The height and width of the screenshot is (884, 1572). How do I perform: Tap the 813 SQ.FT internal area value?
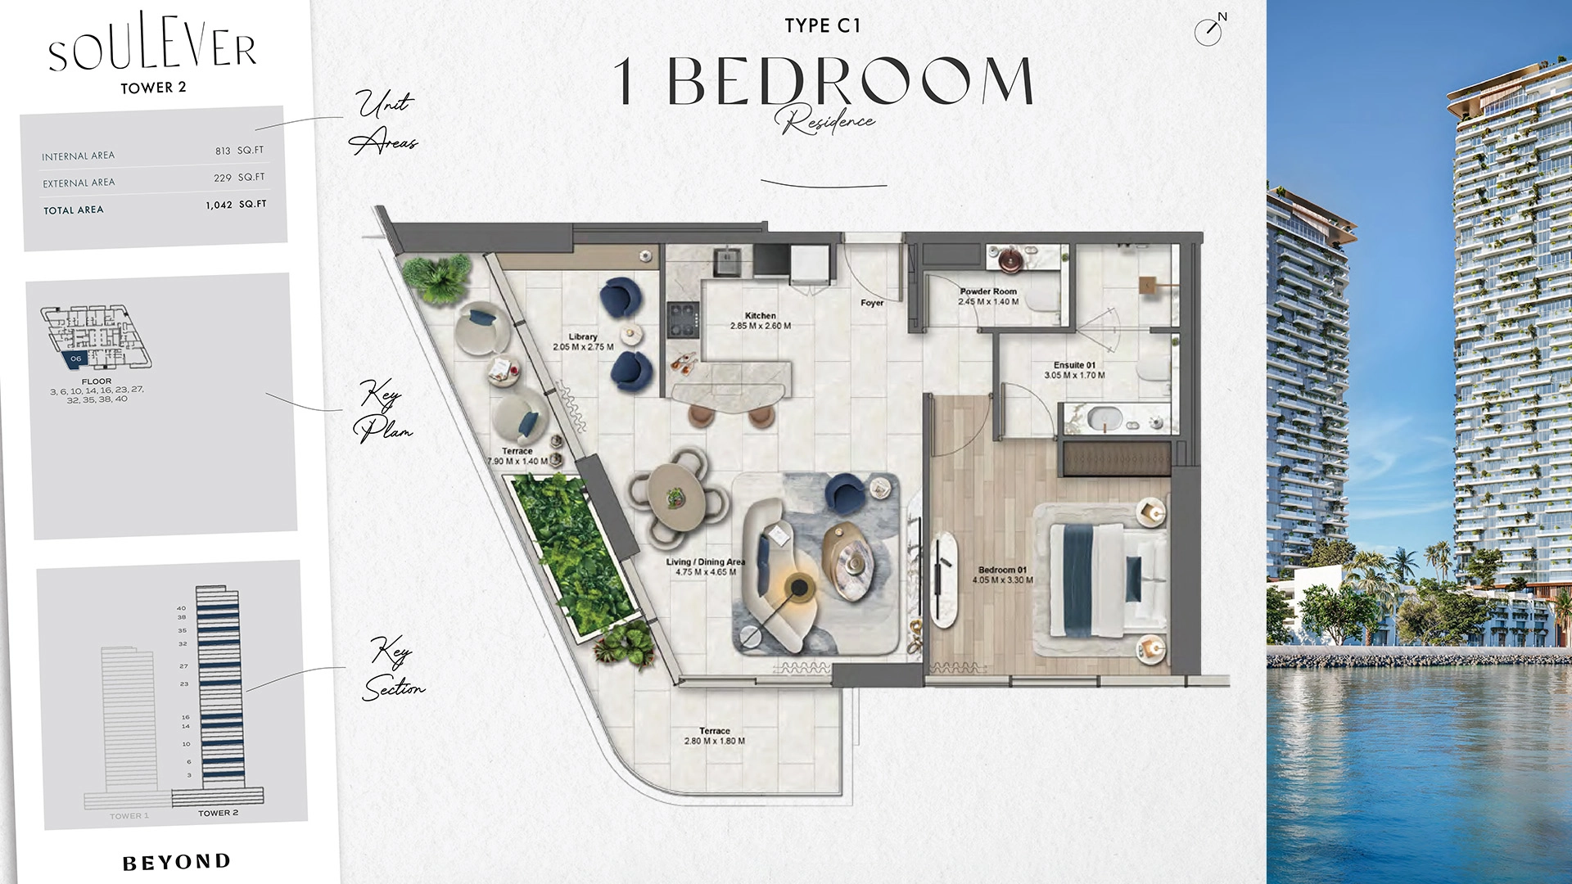239,151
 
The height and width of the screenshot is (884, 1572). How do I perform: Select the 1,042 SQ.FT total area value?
236,205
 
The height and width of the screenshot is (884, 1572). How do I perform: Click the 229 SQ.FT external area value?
239,178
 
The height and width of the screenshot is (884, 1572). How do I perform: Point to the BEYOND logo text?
177,862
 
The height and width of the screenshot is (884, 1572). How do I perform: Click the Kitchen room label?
761,315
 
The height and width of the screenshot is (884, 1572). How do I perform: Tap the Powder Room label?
988,291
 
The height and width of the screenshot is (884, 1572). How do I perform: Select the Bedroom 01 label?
1002,570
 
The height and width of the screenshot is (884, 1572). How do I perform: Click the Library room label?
583,336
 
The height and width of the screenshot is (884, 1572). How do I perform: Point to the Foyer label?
872,303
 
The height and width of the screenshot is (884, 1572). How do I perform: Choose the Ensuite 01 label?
1074,365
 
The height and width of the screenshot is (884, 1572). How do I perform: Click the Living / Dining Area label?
706,562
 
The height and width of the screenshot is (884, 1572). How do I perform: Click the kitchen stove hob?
684,320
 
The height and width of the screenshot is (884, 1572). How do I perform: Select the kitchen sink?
726,261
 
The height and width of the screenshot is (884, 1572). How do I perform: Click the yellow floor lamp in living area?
798,586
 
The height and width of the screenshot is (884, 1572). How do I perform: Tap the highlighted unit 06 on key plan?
75,359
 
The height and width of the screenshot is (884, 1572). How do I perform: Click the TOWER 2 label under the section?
218,813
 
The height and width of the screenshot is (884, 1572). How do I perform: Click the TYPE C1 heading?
823,26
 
